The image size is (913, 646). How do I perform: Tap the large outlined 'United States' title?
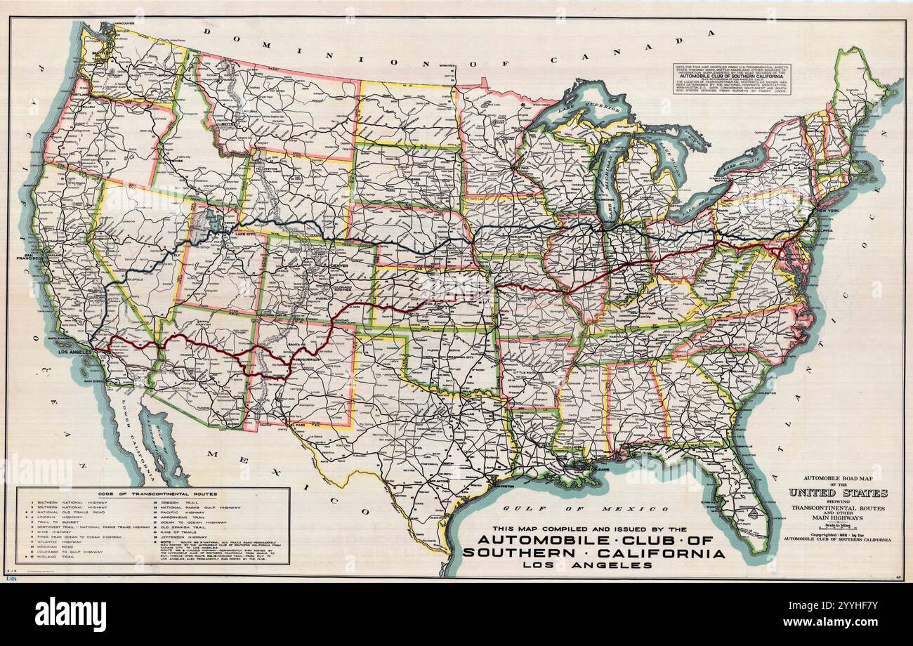pyautogui.click(x=837, y=493)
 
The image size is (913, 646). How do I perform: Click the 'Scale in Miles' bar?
pyautogui.click(x=837, y=525)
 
